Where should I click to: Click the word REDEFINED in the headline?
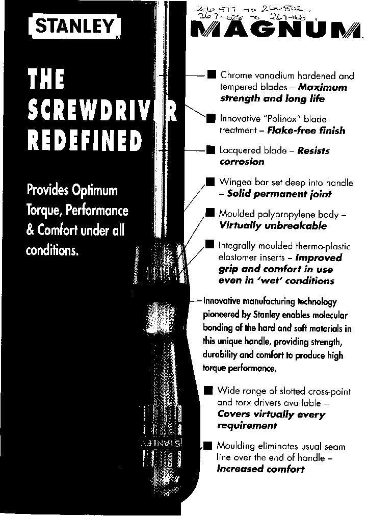click(x=84, y=141)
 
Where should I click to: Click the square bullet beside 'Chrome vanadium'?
click(x=211, y=75)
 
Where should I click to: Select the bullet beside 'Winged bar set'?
click(x=210, y=182)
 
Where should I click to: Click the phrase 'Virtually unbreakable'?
click(x=273, y=225)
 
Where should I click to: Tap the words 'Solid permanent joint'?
click(x=279, y=194)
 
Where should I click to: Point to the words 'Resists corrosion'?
click(x=274, y=156)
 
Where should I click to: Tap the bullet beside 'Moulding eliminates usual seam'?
click(x=207, y=446)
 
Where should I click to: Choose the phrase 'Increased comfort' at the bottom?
click(x=260, y=469)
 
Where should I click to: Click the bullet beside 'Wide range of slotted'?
click(x=208, y=391)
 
